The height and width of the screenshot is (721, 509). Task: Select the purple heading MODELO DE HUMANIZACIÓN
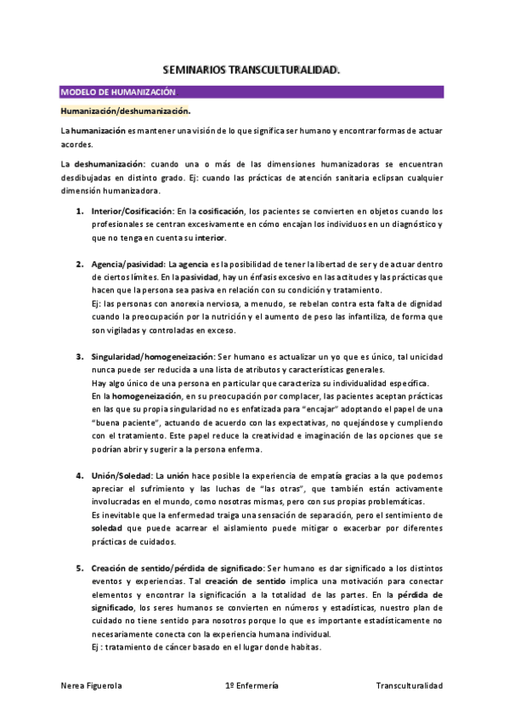tap(118, 92)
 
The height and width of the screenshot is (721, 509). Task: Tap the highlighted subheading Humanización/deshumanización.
tap(125, 111)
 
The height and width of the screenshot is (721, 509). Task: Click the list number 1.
tap(79, 211)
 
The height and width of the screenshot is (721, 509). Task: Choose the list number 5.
tap(79, 567)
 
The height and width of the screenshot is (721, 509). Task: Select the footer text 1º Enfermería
tap(252, 685)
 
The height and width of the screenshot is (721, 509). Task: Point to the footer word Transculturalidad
tap(409, 685)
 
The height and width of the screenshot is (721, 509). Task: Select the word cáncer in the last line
tap(173, 647)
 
